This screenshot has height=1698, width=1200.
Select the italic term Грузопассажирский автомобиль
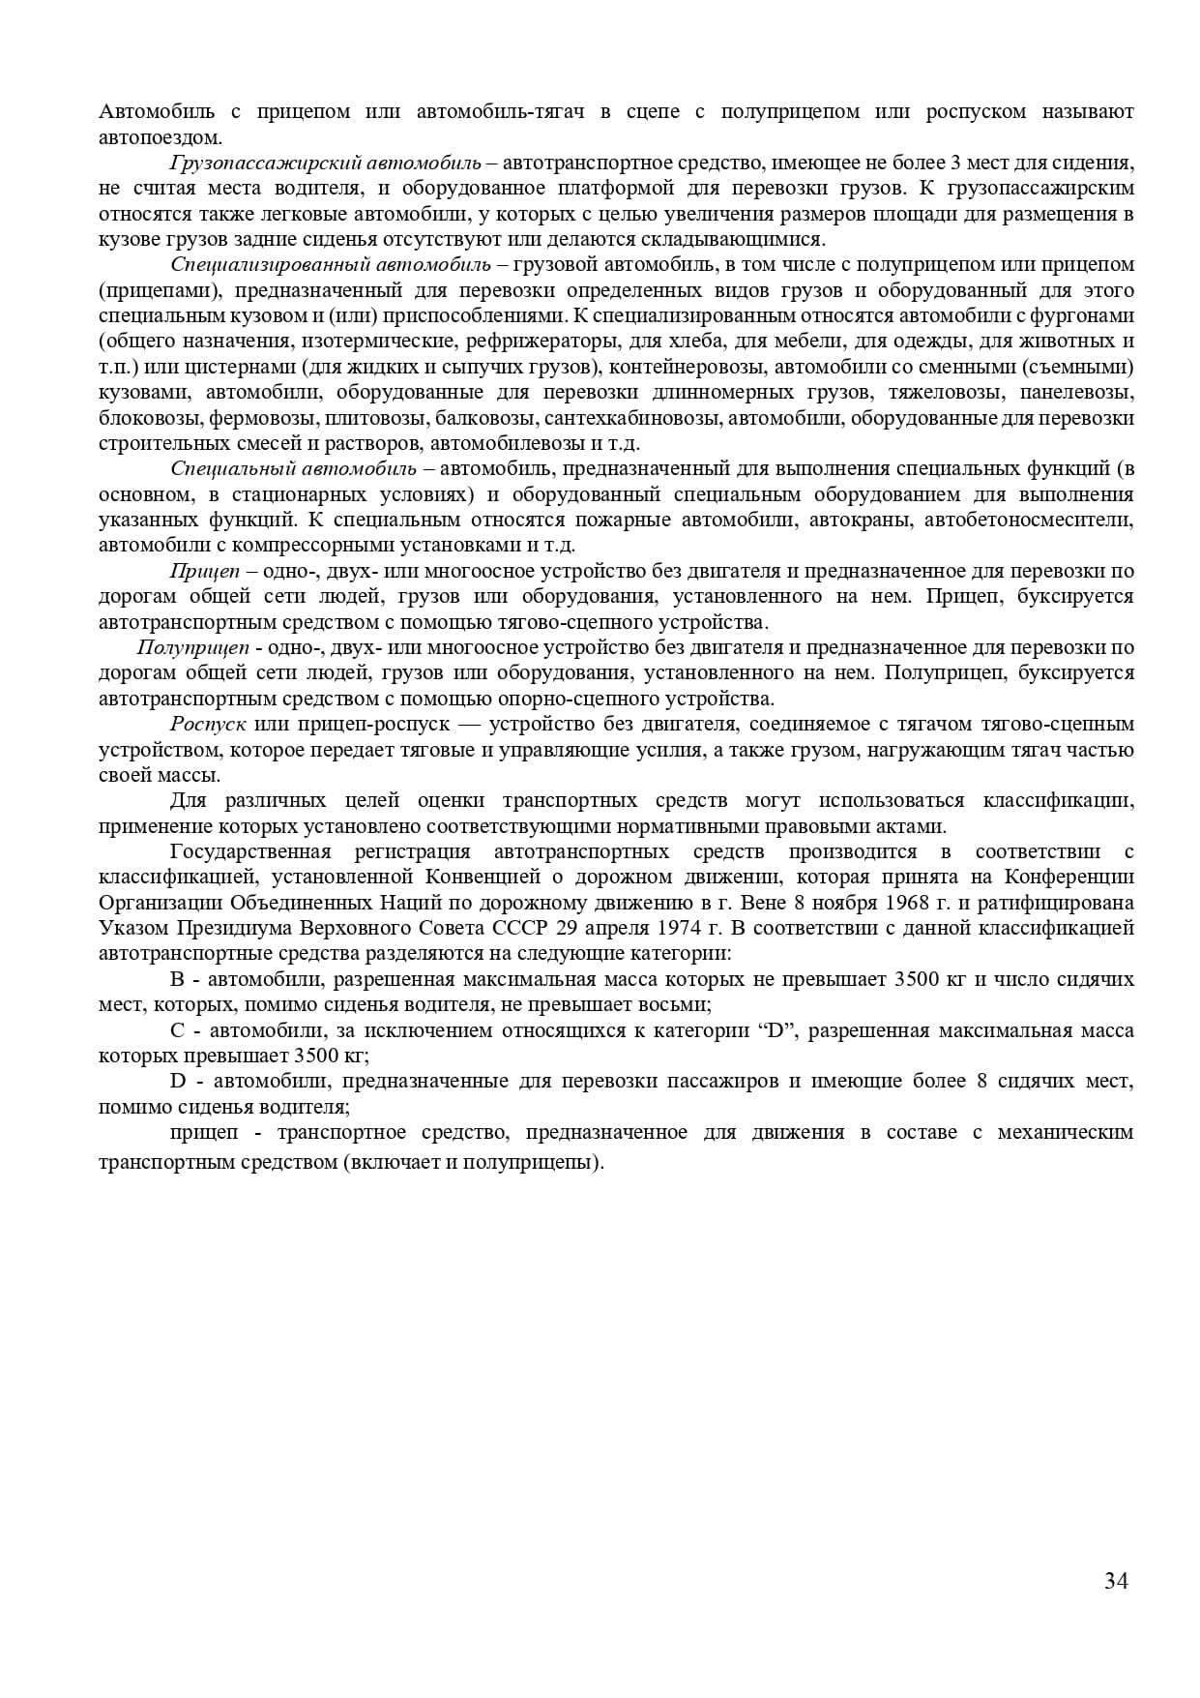[x=325, y=164]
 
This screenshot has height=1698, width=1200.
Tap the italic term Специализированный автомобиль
[x=331, y=265]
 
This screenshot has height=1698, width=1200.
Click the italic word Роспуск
[x=208, y=725]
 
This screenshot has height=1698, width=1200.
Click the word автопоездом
[x=160, y=137]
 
